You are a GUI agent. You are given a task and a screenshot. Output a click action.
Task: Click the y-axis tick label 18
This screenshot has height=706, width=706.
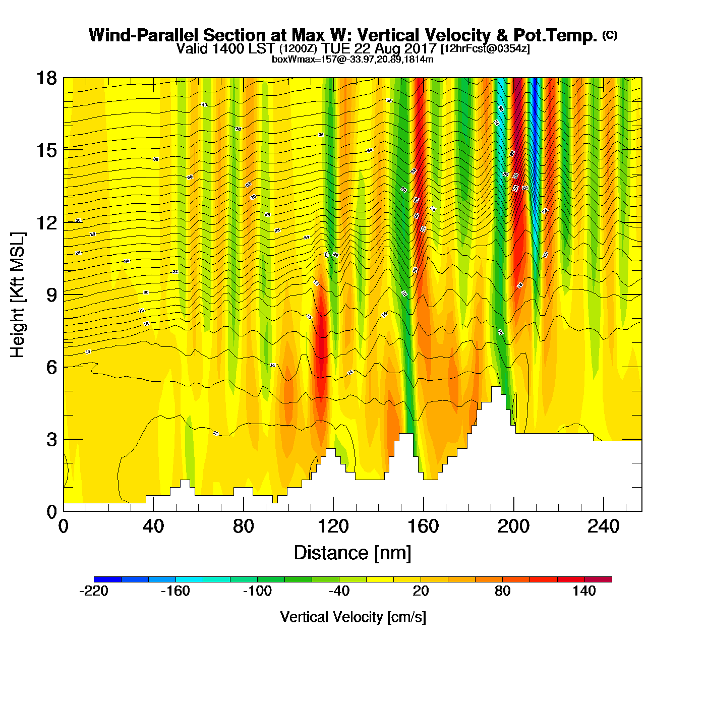(x=46, y=78)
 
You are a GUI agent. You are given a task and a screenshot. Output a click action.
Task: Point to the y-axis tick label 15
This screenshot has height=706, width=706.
(x=46, y=150)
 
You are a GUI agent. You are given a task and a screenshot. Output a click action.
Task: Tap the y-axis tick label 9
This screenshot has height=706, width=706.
(x=51, y=295)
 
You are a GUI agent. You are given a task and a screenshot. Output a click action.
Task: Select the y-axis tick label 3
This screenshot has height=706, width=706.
(x=51, y=440)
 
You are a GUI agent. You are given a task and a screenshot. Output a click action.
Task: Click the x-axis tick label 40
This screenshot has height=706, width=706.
(x=153, y=526)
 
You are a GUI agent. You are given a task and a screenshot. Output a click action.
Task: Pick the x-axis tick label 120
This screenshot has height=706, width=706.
(x=333, y=526)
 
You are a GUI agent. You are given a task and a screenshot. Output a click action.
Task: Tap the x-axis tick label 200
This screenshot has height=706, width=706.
(x=513, y=526)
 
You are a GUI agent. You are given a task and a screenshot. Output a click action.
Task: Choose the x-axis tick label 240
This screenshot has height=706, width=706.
(x=604, y=526)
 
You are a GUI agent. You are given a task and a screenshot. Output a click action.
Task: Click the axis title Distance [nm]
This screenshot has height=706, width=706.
(x=352, y=553)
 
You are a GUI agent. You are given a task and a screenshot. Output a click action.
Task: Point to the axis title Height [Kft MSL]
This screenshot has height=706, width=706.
(x=18, y=295)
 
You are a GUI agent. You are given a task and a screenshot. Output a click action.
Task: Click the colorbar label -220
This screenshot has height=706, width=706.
(x=94, y=591)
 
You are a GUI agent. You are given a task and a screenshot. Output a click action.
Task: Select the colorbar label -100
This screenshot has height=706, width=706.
(x=257, y=591)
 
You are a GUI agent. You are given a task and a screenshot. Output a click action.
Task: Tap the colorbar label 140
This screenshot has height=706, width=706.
(x=584, y=591)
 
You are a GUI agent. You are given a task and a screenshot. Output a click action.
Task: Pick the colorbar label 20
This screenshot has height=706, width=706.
(x=421, y=591)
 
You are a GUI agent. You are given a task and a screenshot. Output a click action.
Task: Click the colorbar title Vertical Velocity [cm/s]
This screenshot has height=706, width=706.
(x=353, y=617)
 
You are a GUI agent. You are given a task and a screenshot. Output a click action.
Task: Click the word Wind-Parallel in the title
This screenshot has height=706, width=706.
(x=144, y=35)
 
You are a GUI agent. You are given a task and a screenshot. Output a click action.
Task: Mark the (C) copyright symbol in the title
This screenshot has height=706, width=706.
(x=610, y=35)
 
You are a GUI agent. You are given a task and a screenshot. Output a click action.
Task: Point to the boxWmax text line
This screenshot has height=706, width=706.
(x=352, y=59)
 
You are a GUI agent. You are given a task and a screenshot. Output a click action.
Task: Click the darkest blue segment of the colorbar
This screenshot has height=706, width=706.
(x=107, y=579)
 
